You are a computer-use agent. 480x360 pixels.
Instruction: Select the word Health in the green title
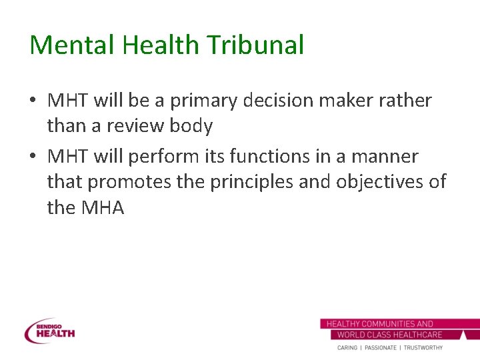coord(152,45)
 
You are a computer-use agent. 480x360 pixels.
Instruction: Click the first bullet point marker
coord(33,101)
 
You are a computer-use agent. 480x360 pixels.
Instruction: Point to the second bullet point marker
coord(33,157)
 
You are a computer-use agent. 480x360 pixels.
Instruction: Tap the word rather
coord(406,101)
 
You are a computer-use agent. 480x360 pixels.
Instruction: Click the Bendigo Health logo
coord(49,331)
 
